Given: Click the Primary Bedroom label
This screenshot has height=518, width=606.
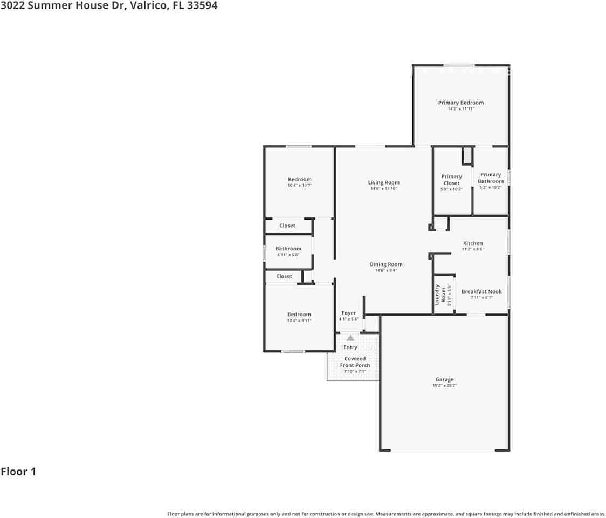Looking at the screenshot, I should click(460, 103).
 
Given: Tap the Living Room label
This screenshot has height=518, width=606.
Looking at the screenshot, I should click(383, 182).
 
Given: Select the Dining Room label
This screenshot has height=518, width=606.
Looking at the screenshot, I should click(385, 264).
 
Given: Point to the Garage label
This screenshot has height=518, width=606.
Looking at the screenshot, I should click(444, 379).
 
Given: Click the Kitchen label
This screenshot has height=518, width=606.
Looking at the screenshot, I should click(472, 243).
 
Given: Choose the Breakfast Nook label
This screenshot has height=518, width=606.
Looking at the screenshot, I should click(481, 291).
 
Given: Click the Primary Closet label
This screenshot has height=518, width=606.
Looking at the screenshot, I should click(451, 180).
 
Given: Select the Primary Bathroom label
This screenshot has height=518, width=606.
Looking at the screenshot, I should click(490, 178).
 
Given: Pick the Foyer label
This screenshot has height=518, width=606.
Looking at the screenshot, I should click(348, 313).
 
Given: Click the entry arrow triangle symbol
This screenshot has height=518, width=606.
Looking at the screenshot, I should click(350, 338).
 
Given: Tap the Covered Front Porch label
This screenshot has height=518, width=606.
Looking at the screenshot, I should click(355, 362).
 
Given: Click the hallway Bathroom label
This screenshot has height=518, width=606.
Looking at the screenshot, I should click(288, 249).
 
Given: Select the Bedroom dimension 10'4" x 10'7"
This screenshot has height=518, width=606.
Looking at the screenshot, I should click(299, 186).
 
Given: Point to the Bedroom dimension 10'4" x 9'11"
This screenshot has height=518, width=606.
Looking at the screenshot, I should click(299, 321).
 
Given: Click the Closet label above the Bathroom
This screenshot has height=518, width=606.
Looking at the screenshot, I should click(287, 226).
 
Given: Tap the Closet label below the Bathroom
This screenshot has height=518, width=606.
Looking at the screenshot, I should click(284, 276).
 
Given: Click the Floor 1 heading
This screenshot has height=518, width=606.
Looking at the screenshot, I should click(18, 472).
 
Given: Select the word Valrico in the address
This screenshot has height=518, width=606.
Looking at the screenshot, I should click(149, 6).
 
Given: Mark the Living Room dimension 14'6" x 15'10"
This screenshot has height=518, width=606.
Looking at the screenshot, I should click(383, 189).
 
